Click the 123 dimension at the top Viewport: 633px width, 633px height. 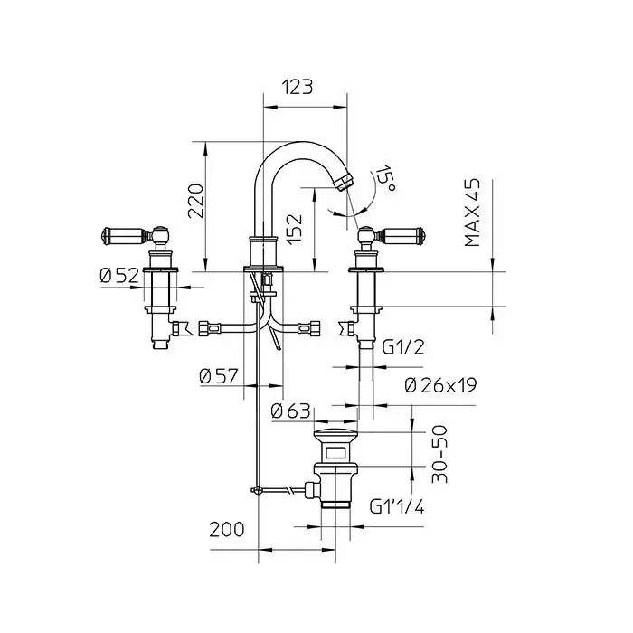tap(298, 87)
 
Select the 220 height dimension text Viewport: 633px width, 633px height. tap(196, 201)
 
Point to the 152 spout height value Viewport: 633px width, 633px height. tap(294, 229)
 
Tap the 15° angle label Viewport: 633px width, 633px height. tap(384, 178)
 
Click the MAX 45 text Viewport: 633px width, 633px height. tap(472, 213)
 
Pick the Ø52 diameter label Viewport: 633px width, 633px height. tap(119, 276)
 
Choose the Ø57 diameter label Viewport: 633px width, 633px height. tap(219, 377)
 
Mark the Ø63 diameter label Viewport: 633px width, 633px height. tap(290, 411)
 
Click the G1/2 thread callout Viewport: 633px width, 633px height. tap(403, 347)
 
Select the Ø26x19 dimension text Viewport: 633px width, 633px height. tap(440, 385)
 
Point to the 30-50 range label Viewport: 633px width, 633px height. tap(439, 454)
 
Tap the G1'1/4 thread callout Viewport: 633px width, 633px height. tap(397, 506)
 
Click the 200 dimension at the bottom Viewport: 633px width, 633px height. tap(226, 530)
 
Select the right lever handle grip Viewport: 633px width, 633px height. tap(400, 234)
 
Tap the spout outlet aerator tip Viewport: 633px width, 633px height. tap(344, 181)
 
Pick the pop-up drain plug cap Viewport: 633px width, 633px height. tap(335, 435)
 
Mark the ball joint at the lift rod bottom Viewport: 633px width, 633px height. tap(256, 490)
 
